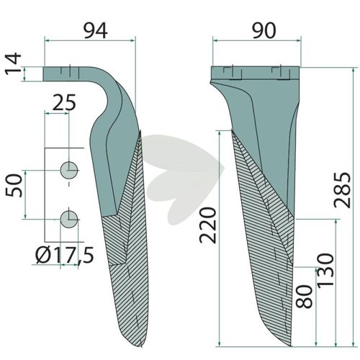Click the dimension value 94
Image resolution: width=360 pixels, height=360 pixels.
click(x=95, y=32)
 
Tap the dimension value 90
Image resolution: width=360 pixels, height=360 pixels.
click(x=264, y=31)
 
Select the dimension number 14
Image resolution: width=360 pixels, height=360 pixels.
click(x=14, y=63)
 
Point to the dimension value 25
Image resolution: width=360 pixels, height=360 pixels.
click(x=64, y=102)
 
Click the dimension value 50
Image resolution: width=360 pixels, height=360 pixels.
click(x=14, y=186)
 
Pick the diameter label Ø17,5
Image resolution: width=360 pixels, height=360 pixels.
click(x=64, y=255)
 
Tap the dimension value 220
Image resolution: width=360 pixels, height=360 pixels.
click(x=208, y=225)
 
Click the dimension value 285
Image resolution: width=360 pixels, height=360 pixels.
click(x=343, y=189)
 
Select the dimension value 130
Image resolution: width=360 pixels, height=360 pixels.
click(x=325, y=269)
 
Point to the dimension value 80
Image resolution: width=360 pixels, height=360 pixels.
click(x=305, y=297)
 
